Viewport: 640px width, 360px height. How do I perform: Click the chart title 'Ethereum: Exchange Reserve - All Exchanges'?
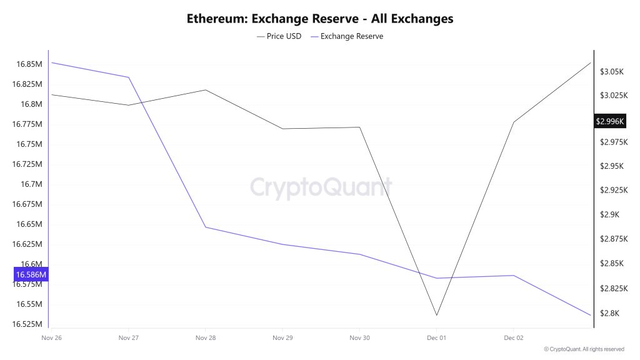click(x=320, y=18)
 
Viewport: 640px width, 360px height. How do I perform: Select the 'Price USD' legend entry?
click(x=279, y=36)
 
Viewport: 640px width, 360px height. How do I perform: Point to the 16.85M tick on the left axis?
click(x=29, y=64)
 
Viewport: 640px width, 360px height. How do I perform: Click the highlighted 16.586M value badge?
click(x=30, y=274)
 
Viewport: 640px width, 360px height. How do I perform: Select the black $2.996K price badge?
click(x=610, y=121)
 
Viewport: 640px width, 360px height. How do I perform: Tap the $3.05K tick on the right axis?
click(x=611, y=72)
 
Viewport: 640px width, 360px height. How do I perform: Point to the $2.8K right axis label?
click(x=610, y=313)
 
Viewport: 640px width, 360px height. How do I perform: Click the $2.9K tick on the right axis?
click(x=610, y=214)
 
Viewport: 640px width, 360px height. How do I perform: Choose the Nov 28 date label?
click(x=206, y=337)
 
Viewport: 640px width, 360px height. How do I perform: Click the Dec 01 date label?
click(x=436, y=337)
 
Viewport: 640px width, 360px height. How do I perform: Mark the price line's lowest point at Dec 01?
click(x=436, y=315)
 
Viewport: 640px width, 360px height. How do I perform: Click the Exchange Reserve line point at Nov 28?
click(x=206, y=227)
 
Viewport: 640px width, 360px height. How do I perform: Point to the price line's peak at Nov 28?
click(x=206, y=90)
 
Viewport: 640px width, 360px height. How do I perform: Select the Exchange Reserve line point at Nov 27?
click(x=129, y=77)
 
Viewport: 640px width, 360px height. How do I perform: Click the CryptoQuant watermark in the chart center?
click(x=321, y=187)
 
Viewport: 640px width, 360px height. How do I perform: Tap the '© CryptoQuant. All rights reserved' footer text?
click(x=584, y=349)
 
